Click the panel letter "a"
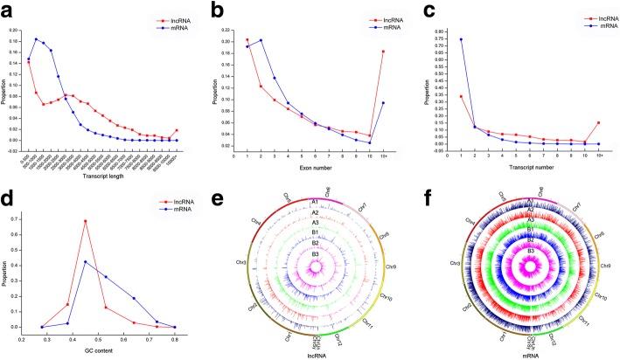tap(9, 9)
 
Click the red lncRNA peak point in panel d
tap(85, 221)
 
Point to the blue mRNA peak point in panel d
tap(85, 261)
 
